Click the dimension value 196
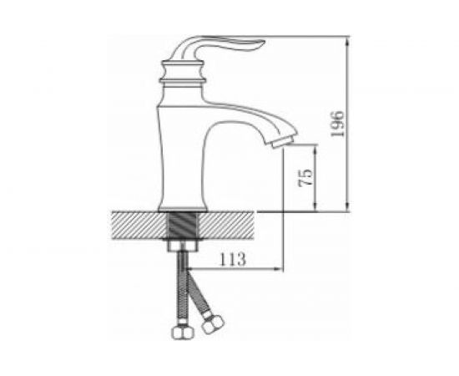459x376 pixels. pos(337,124)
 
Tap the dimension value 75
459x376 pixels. pos(305,178)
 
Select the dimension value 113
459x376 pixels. pos(233,259)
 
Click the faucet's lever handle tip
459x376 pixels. pos(262,43)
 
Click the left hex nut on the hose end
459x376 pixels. pos(183,333)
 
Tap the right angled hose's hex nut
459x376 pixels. pos(213,323)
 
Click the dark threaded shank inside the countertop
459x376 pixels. pos(184,225)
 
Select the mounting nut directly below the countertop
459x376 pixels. pos(183,246)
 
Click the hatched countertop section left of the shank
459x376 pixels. pos(139,225)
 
